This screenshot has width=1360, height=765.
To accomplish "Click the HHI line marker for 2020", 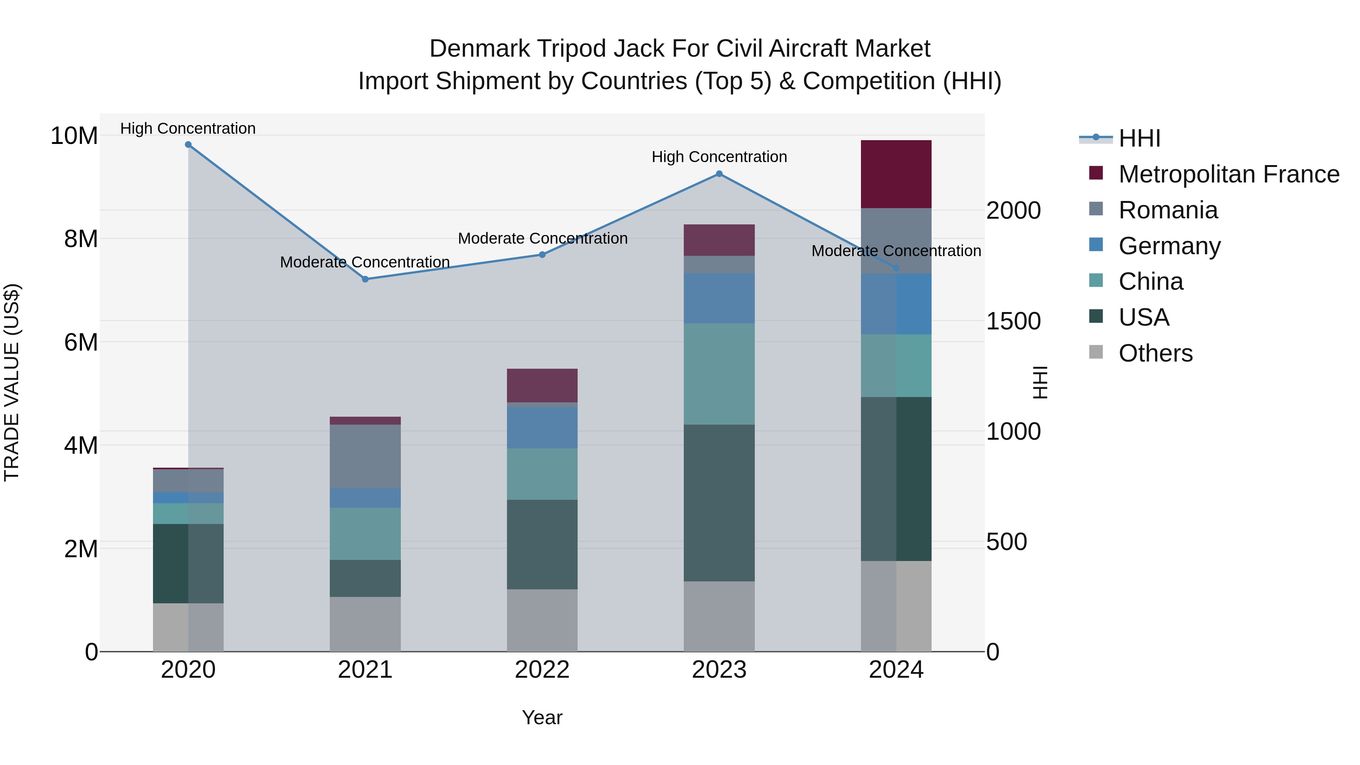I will [188, 145].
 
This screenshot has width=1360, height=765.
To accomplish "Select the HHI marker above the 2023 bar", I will [719, 174].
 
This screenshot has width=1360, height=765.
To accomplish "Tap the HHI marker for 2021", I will [365, 279].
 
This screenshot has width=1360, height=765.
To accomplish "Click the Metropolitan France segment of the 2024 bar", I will [896, 174].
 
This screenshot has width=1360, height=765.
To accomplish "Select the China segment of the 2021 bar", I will [365, 534].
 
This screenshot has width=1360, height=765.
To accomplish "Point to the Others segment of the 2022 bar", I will [542, 620].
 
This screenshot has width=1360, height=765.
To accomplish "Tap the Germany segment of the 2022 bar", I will [542, 428].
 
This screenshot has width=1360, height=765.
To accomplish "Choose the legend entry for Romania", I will [1168, 210].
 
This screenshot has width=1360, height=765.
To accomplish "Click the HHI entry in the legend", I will [1139, 138].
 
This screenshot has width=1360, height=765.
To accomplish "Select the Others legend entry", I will [1155, 353].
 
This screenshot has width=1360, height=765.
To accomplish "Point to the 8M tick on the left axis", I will [81, 239].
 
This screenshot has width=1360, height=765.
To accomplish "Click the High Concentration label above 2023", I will [719, 157].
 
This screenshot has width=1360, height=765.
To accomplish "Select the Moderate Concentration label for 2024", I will [896, 251].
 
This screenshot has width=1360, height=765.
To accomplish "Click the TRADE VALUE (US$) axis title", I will [12, 382].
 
